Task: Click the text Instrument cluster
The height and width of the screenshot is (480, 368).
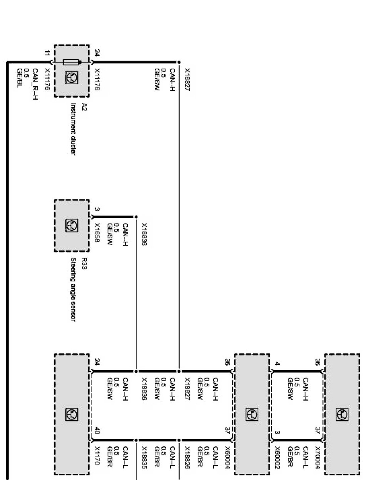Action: coord(73,129)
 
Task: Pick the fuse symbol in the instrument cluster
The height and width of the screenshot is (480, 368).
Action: coord(72,62)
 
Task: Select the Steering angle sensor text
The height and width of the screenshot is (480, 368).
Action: coord(73,289)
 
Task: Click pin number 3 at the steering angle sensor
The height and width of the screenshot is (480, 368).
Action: coord(97,209)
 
